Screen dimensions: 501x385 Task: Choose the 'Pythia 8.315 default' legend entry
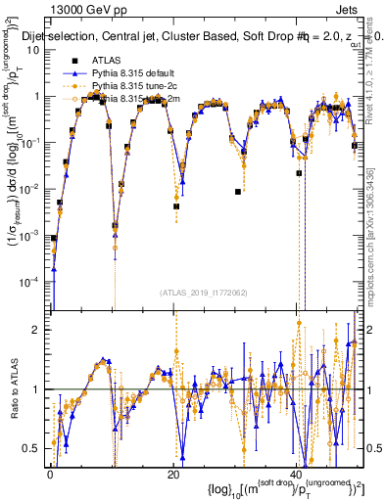(132, 75)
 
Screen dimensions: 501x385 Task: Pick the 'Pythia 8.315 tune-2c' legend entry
(133, 87)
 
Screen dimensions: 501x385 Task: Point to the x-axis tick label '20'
(173, 475)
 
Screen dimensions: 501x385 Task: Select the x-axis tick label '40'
(297, 475)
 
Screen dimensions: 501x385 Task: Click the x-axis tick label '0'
(50, 475)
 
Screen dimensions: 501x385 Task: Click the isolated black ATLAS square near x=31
(238, 192)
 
